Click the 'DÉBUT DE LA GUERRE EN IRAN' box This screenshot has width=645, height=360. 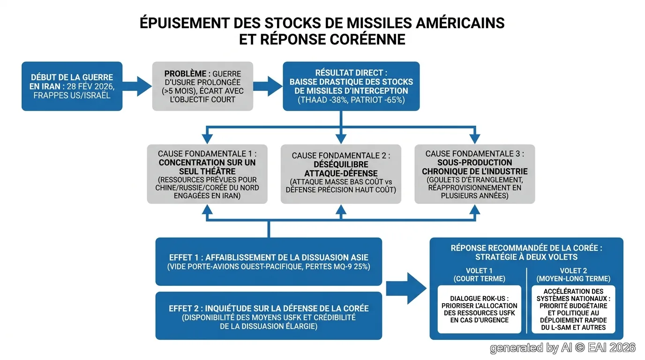[x=72, y=86]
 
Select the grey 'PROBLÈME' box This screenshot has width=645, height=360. [x=202, y=86]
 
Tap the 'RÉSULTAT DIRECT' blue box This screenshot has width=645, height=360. [x=351, y=86]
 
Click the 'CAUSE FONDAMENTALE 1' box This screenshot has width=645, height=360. [x=207, y=174]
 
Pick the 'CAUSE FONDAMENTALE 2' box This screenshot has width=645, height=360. [x=341, y=174]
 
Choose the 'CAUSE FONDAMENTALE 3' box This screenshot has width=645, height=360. [x=475, y=174]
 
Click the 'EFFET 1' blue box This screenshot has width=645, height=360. [x=269, y=262]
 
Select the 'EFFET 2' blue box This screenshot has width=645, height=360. [x=269, y=315]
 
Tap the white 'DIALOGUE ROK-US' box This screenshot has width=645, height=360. [x=480, y=309]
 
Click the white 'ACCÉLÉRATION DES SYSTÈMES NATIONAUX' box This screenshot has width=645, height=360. [x=573, y=309]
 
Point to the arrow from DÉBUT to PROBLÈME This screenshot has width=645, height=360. [x=137, y=86]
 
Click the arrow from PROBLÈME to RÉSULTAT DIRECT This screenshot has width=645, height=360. [x=268, y=86]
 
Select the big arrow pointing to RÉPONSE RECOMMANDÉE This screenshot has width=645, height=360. [x=406, y=289]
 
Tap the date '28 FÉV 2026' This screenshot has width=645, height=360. [x=91, y=86]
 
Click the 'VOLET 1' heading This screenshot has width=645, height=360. [x=479, y=271]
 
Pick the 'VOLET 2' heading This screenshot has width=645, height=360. [x=573, y=271]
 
